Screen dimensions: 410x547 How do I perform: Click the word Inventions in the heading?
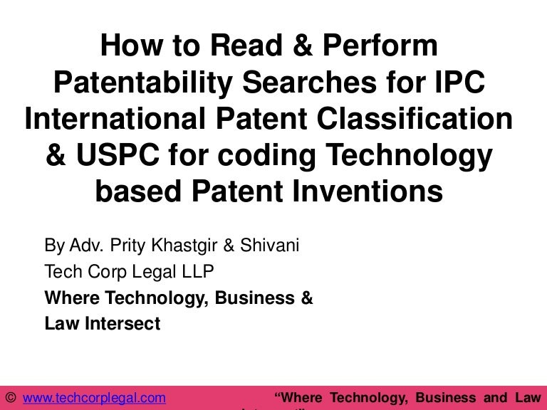coord(368,191)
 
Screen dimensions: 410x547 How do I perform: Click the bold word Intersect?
coord(121,324)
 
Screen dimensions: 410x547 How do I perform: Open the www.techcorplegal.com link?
coord(95,397)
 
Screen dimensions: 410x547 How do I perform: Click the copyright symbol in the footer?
coord(11,397)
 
